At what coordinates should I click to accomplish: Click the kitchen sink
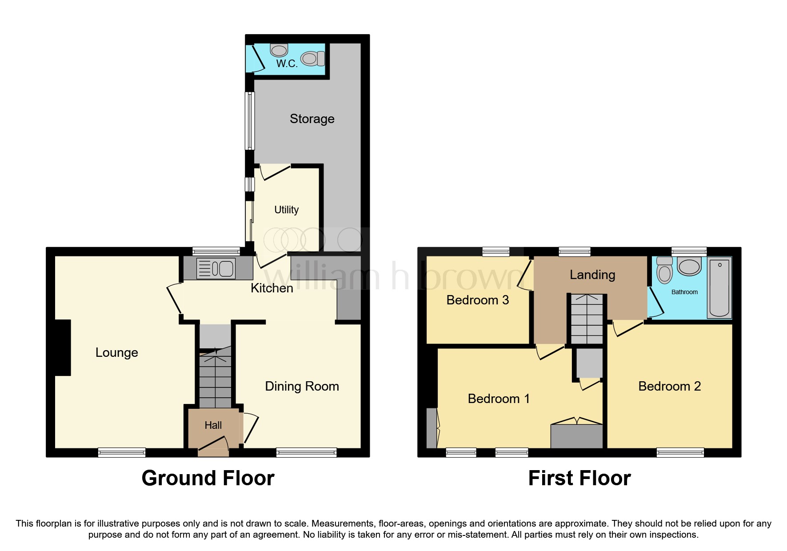pos(216,268)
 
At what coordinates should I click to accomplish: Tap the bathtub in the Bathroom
pos(719,288)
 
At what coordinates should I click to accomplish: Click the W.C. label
pos(287,64)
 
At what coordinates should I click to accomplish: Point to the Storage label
pos(312,119)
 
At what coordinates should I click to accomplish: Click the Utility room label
pos(286,210)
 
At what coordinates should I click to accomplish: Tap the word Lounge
pos(116,352)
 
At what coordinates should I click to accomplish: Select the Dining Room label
pos(302,386)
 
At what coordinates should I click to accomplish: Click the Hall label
pos(213,425)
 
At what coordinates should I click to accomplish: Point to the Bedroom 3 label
pos(477,300)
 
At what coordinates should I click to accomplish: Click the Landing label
pos(592,275)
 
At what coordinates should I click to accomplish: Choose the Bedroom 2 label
pos(669,386)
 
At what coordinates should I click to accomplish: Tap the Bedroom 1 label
pos(499,399)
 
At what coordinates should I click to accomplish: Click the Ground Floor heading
pos(208,478)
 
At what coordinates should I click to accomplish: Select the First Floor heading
pos(579,478)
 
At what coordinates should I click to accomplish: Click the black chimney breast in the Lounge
pos(63,347)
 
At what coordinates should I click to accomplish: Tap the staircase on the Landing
pos(587,319)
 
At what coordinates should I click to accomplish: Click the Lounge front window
pos(121,452)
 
